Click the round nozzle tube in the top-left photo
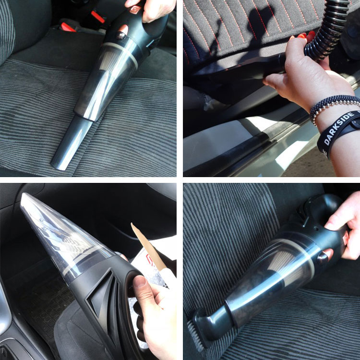[70, 144]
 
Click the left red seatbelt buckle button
[68, 27]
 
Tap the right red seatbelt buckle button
[98, 17]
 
